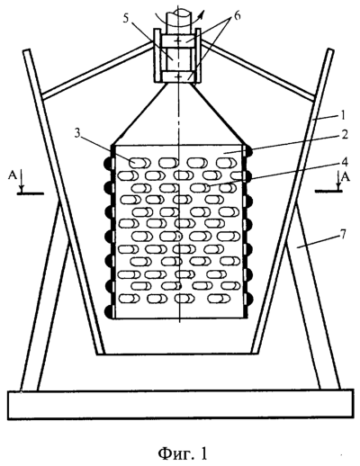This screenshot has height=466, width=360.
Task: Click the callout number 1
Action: click(x=343, y=116)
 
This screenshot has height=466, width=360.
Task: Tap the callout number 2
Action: click(x=344, y=135)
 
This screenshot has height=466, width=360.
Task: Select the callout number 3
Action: click(x=77, y=134)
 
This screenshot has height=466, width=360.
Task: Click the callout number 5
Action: click(x=126, y=18)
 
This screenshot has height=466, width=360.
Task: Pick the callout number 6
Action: click(x=237, y=15)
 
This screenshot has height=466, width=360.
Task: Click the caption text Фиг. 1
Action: click(x=183, y=453)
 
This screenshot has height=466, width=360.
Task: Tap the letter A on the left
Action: click(x=13, y=176)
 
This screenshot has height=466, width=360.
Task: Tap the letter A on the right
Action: click(x=346, y=176)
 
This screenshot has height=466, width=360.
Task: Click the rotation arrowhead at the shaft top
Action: click(x=202, y=13)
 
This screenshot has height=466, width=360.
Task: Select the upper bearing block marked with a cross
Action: click(x=178, y=41)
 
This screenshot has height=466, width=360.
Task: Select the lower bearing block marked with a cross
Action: click(x=179, y=77)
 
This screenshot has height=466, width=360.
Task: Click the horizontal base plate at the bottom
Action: click(x=180, y=405)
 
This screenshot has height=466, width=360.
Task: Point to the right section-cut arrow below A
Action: click(x=338, y=182)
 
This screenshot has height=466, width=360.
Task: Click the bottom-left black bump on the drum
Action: click(x=108, y=312)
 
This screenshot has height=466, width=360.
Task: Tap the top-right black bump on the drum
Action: click(x=248, y=152)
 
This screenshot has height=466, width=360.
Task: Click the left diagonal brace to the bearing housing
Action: click(x=98, y=68)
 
